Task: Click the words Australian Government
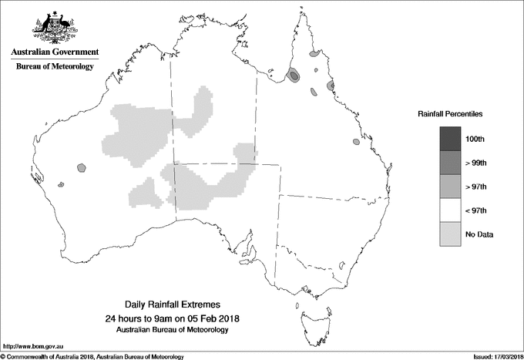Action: pyautogui.click(x=55, y=52)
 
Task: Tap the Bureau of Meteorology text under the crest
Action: pyautogui.click(x=55, y=67)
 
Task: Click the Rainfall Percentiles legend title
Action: pyautogui.click(x=450, y=113)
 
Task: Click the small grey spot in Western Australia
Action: pyautogui.click(x=82, y=167)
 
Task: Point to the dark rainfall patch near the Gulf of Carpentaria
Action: pyautogui.click(x=294, y=75)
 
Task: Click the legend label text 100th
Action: pyautogui.click(x=475, y=139)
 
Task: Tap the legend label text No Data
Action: pyautogui.click(x=479, y=234)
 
